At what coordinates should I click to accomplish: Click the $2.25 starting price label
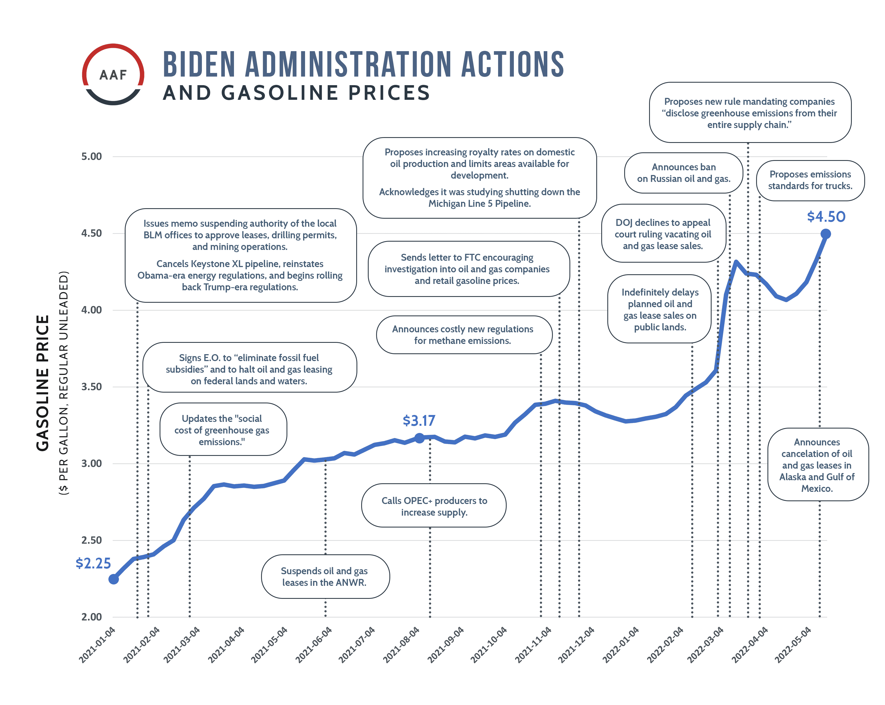click(x=93, y=563)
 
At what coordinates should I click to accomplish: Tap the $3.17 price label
click(x=419, y=421)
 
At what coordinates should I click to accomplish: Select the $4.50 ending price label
click(x=826, y=217)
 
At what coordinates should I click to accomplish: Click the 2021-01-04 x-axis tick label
click(x=98, y=644)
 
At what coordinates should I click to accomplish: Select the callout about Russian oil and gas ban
click(x=683, y=173)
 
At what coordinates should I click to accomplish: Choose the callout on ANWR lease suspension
click(x=325, y=576)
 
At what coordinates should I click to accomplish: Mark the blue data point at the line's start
click(x=114, y=579)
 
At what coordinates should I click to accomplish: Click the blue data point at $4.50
click(x=826, y=234)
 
